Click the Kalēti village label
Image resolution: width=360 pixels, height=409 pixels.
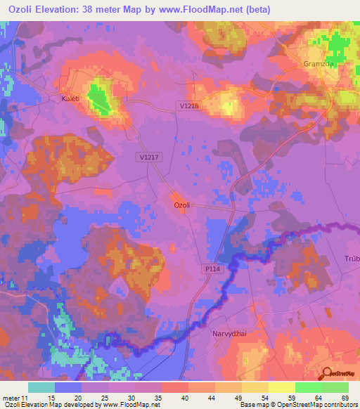tap(65, 100)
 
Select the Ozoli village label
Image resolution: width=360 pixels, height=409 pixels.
tap(182, 204)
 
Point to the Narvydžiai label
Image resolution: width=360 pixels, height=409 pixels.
tap(232, 335)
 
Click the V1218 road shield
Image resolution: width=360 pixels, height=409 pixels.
tap(189, 105)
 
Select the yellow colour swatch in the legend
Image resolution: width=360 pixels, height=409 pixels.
tap(281, 388)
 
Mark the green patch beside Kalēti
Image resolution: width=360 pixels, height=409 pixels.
tap(100, 98)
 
